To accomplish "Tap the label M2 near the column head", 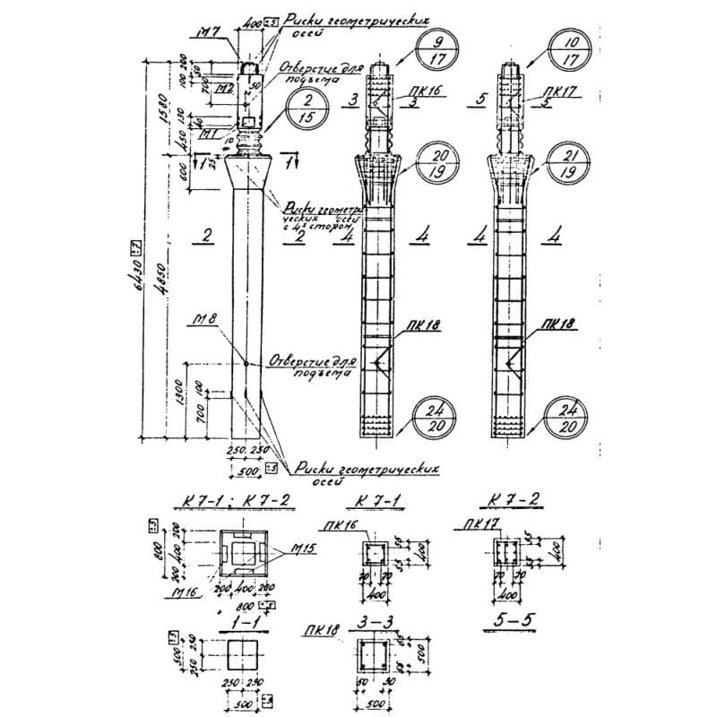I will pos(225,89).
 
